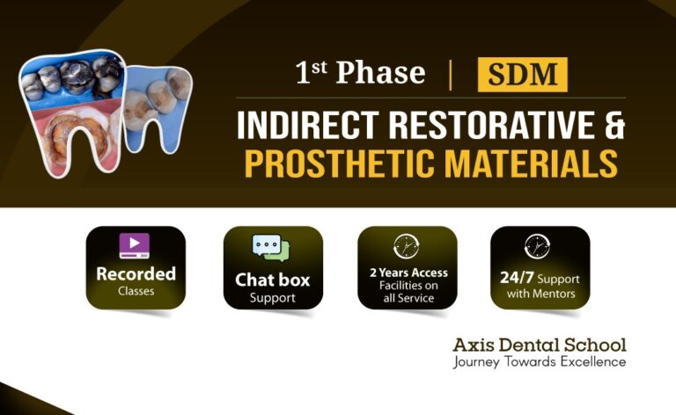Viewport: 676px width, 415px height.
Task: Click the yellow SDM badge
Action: (x=522, y=75)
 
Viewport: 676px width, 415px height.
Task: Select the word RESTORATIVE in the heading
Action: (x=476, y=127)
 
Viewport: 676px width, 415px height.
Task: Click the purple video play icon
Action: (x=135, y=245)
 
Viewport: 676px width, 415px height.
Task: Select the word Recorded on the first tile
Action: (x=136, y=273)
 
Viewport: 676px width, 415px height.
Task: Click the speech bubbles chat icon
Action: (x=266, y=248)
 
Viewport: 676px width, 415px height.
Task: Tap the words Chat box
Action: (x=273, y=280)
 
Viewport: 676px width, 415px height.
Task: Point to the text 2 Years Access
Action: (x=408, y=273)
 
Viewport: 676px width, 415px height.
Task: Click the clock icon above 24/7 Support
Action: (x=536, y=246)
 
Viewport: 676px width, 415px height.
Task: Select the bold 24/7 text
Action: (x=517, y=277)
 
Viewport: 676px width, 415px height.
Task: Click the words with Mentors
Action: (x=540, y=293)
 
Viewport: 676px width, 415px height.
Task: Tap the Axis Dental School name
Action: (x=540, y=344)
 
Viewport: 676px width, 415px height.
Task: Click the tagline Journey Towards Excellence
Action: (x=540, y=361)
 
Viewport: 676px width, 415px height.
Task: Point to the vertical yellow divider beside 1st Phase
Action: (x=451, y=75)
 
